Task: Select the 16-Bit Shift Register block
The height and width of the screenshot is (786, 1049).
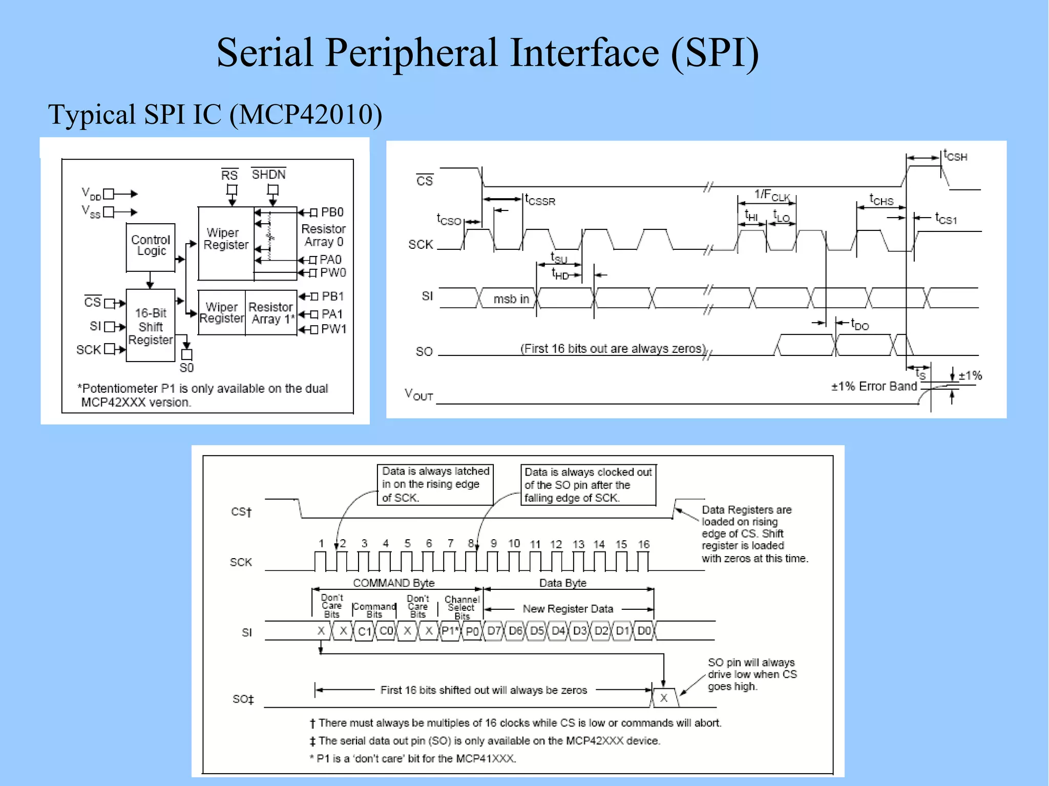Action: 151,326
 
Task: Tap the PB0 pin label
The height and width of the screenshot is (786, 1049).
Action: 332,212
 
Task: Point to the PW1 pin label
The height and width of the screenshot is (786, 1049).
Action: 333,329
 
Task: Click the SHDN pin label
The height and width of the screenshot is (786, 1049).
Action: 268,175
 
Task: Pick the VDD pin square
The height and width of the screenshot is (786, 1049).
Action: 108,194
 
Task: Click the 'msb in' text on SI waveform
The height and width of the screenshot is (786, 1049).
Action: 511,299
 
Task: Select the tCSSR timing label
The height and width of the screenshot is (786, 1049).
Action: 540,200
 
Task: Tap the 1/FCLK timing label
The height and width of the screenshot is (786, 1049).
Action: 771,196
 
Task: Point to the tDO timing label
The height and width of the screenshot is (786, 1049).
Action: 860,325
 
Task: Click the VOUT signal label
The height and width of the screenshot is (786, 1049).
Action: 418,394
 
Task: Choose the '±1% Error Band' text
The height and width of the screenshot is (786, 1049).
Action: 873,387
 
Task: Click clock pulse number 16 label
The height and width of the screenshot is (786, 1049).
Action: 643,544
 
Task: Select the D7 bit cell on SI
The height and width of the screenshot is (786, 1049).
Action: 494,630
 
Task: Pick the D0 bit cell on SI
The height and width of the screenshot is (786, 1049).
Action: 644,630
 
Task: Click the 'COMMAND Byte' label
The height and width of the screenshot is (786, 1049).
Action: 393,583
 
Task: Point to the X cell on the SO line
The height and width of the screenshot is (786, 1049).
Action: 664,698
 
